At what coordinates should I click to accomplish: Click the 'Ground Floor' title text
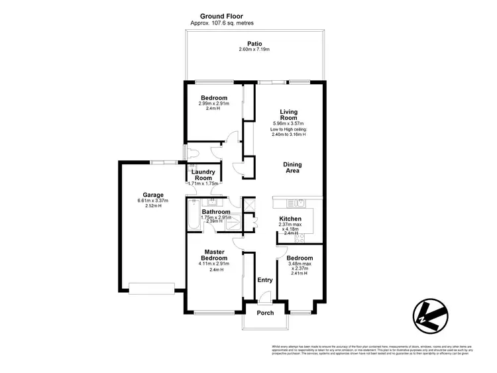pyautogui.click(x=222, y=15)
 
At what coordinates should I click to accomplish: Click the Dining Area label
pyautogui.click(x=292, y=168)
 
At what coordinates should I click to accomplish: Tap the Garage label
pyautogui.click(x=153, y=195)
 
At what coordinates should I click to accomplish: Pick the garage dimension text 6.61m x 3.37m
pyautogui.click(x=153, y=201)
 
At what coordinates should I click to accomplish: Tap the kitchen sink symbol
pyautogui.click(x=297, y=200)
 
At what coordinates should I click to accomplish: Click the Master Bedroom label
pyautogui.click(x=215, y=254)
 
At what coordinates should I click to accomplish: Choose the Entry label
pyautogui.click(x=264, y=280)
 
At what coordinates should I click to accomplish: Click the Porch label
pyautogui.click(x=265, y=313)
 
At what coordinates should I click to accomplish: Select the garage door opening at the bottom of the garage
pyautogui.click(x=152, y=288)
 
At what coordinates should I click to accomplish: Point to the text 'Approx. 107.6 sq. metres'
pyautogui.click(x=222, y=23)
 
